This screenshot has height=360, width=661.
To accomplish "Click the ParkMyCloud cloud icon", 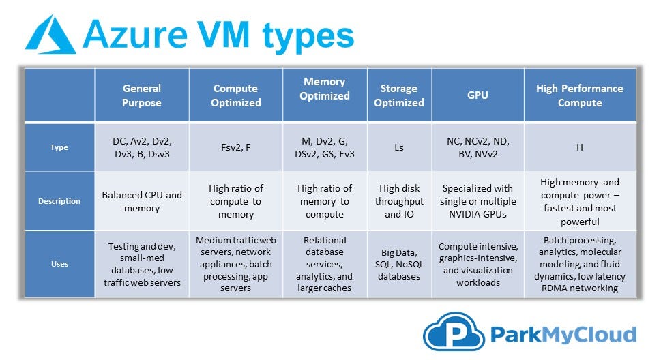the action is (x=454, y=332).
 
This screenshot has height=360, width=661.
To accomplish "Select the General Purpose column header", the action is (x=142, y=95).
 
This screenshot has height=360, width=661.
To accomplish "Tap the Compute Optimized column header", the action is (x=235, y=95).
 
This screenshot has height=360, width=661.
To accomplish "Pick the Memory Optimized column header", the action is (x=325, y=95).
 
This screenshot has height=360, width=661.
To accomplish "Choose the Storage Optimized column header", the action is (x=399, y=95).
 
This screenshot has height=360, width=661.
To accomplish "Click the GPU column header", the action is (x=478, y=95).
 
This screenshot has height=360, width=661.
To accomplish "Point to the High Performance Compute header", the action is (x=580, y=95).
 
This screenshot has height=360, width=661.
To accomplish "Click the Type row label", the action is (x=59, y=147).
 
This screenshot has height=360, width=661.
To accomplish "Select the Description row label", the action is (x=59, y=201).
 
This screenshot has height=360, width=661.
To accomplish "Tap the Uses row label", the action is (x=59, y=264).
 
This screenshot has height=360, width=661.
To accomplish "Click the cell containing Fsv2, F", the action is (x=235, y=147).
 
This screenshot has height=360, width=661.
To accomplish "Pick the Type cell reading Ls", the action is (x=399, y=147).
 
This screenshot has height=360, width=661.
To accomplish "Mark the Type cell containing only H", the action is (x=580, y=147).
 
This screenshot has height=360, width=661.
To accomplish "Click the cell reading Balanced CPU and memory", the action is (x=142, y=201).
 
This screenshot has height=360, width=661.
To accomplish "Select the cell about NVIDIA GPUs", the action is (x=478, y=201).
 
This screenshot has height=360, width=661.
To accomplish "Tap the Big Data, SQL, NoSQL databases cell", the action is (x=399, y=264).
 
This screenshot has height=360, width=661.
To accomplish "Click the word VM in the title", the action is (x=224, y=34).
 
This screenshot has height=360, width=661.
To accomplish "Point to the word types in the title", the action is (x=308, y=37).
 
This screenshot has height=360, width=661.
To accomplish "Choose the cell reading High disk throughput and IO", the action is (x=399, y=201).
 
